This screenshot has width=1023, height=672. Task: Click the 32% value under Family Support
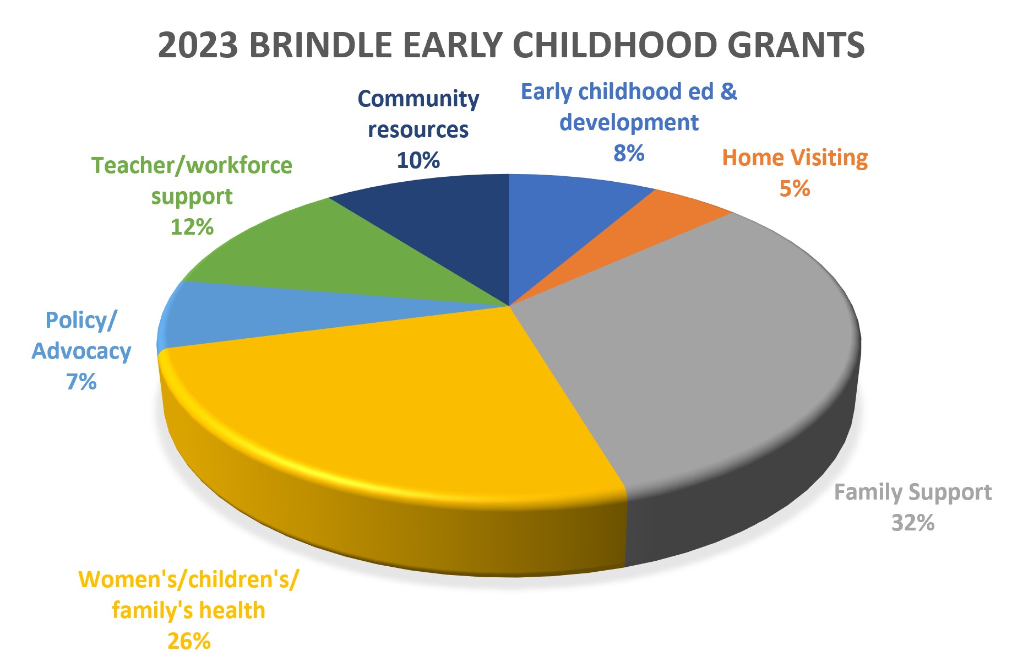(x=913, y=523)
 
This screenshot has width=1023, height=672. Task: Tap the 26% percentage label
(x=189, y=641)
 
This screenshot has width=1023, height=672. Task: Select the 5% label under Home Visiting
(x=795, y=188)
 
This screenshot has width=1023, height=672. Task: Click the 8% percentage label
(x=629, y=153)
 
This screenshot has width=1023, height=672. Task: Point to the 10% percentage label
(x=418, y=160)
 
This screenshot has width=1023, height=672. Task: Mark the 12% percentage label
(x=192, y=227)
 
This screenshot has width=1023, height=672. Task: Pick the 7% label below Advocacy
(x=81, y=382)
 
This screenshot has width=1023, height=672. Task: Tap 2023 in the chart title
(x=198, y=45)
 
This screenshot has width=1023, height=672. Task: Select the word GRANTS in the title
(x=796, y=45)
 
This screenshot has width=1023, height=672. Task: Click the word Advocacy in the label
(x=81, y=351)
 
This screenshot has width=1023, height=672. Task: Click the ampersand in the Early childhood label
(x=729, y=91)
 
